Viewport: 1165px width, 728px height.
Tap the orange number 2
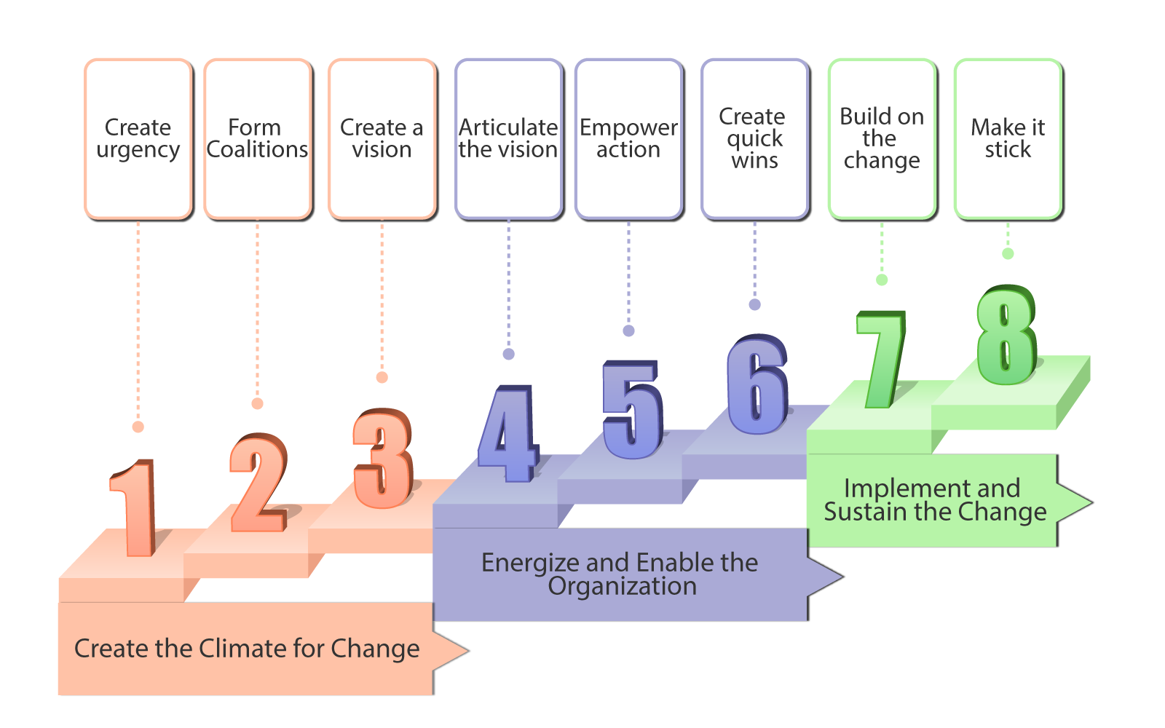pos(258,483)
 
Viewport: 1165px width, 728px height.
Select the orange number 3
pos(383,458)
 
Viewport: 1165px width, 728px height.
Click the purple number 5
pos(632,410)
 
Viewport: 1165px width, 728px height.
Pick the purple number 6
pos(757,384)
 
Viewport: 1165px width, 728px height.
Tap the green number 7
pos(882,360)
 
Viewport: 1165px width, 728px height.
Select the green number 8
pos(1007,335)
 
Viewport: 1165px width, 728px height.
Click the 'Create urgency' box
pos(138,139)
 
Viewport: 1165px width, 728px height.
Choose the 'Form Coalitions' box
pos(258,139)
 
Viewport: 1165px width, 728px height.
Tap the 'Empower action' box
pos(629,139)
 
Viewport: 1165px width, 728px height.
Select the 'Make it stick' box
pos(1008,139)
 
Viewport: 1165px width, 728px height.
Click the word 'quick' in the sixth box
pos(754,139)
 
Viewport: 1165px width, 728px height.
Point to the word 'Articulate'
pos(508,127)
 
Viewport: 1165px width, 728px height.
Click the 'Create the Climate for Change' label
pos(247,649)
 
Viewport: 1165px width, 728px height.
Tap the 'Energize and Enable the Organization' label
pos(620,574)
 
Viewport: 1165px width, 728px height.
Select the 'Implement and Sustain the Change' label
pos(935,499)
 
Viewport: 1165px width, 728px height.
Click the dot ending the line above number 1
pos(138,427)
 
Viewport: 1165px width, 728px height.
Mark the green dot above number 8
pos(1008,254)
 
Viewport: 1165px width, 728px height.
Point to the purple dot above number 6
pos(754,305)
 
